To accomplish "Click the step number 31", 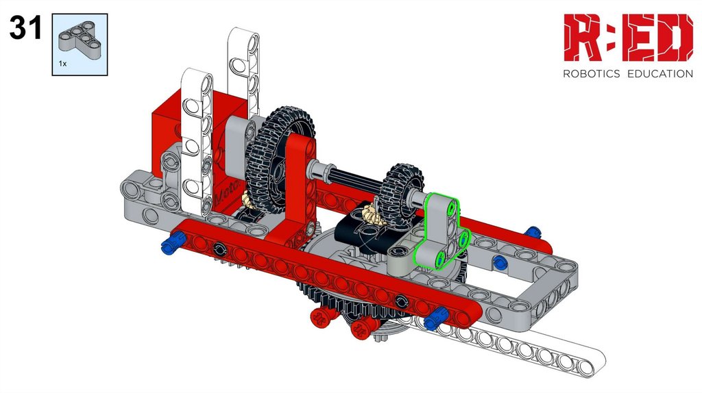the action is coord(25,27).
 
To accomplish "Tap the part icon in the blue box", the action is coord(80,40).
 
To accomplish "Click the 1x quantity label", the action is coord(62,64).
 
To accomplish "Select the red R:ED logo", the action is coord(628,38).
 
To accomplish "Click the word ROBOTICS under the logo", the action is coord(592,74).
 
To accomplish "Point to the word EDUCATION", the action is coord(660,74).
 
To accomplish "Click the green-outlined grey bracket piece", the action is coord(441,233).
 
